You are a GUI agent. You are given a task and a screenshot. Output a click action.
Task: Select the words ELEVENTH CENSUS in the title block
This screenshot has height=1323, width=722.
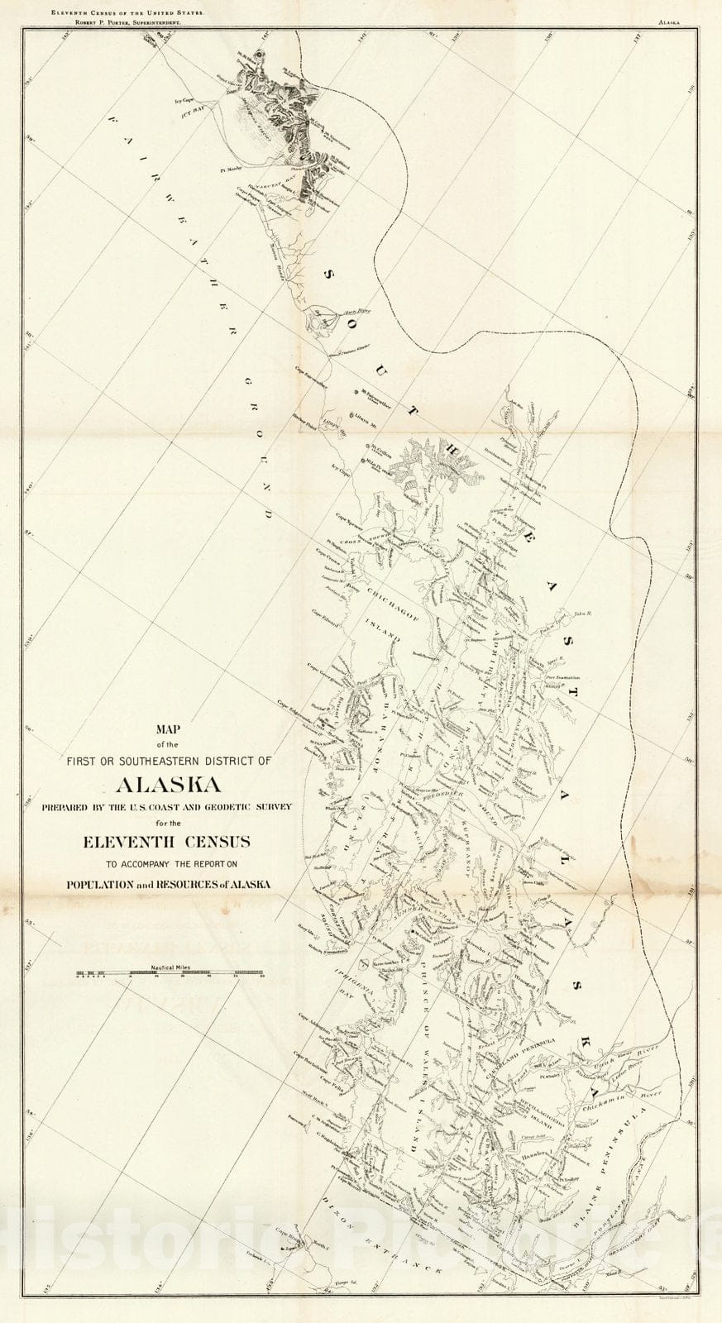coord(170,843)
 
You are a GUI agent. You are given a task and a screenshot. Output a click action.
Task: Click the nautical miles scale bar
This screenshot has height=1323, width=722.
coord(170,973)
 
